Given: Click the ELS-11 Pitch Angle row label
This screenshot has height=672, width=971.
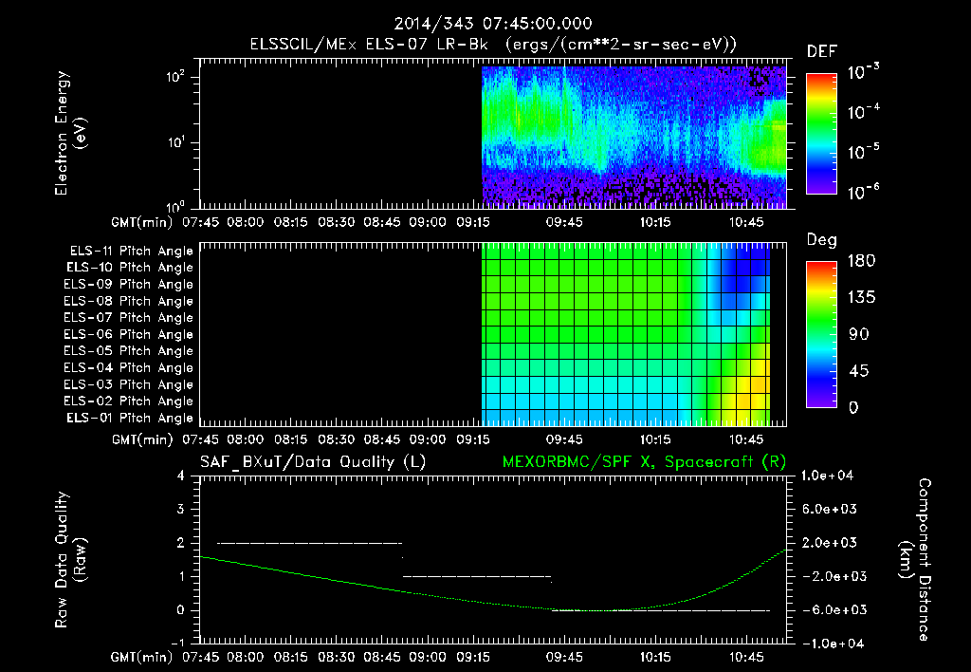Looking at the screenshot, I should click(x=130, y=251).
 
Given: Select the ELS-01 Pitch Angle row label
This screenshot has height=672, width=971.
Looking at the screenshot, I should click(x=130, y=418).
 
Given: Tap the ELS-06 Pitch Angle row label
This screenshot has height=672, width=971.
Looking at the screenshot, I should click(x=130, y=334).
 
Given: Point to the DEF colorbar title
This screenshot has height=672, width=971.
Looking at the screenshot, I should click(x=821, y=52).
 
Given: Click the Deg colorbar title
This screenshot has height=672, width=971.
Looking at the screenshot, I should click(x=821, y=240).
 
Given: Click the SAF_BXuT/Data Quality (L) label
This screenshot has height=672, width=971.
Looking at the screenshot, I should click(x=312, y=461).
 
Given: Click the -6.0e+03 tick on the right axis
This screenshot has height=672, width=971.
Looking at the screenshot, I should click(x=831, y=609).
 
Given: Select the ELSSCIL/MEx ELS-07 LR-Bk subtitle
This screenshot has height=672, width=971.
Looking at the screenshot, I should click(x=493, y=45).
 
